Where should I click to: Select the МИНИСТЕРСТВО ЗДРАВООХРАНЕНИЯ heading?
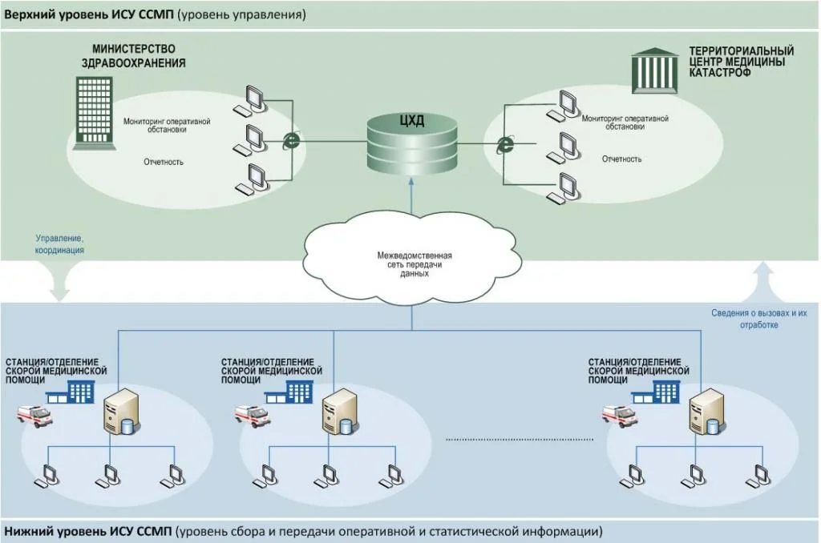[x=133, y=56]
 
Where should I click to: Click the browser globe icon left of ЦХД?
[x=293, y=142]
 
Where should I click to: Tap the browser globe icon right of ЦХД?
[x=505, y=145]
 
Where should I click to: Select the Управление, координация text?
[x=59, y=244]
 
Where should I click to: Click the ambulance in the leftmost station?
[x=34, y=415]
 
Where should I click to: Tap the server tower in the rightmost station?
[x=703, y=411]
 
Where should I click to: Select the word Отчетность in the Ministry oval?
[x=164, y=162]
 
